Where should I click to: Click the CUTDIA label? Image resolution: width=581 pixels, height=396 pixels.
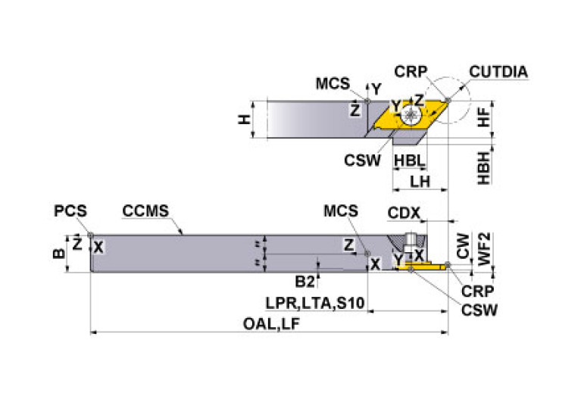pyautogui.click(x=498, y=73)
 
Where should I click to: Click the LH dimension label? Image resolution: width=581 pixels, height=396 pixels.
pyautogui.click(x=420, y=182)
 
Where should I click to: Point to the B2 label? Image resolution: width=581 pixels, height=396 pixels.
pyautogui.click(x=305, y=282)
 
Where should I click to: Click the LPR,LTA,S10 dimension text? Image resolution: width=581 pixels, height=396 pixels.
pyautogui.click(x=315, y=303)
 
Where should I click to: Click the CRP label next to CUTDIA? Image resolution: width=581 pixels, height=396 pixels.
pyautogui.click(x=411, y=73)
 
